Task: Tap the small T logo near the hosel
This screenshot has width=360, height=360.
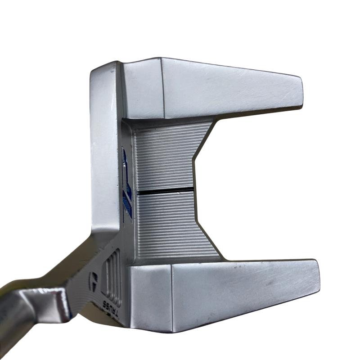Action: tap(94, 280)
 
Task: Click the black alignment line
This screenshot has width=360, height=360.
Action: tap(165, 191)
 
